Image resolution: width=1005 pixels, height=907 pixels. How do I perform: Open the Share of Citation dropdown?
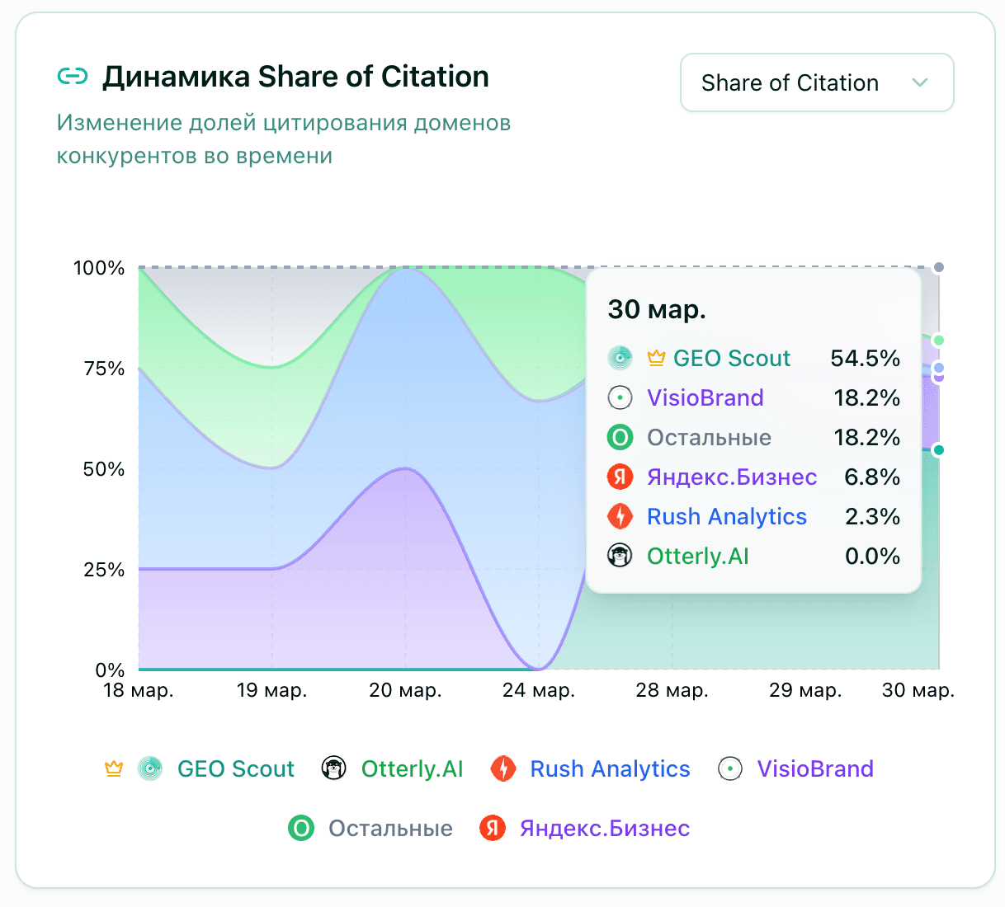(816, 82)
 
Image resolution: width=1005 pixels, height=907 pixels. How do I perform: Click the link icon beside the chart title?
(73, 77)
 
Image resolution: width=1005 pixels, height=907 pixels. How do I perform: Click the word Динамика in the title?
(176, 77)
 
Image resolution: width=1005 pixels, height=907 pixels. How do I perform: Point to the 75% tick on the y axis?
(104, 369)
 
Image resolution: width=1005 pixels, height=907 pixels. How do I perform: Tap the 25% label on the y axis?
(104, 570)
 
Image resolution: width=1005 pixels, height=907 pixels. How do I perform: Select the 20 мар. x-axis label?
(405, 690)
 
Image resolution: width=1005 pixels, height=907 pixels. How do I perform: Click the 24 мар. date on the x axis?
(538, 690)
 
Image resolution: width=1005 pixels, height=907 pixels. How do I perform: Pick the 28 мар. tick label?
(672, 690)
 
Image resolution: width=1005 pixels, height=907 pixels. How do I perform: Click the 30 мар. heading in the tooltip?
(657, 309)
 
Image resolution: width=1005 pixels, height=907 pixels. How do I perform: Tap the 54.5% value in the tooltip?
(865, 358)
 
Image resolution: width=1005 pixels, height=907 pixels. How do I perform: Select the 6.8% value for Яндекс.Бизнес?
(871, 477)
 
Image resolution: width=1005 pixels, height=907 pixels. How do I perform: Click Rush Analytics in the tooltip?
(726, 516)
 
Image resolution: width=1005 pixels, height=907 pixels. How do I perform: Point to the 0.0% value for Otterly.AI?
(871, 556)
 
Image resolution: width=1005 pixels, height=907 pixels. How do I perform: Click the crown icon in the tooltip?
(656, 358)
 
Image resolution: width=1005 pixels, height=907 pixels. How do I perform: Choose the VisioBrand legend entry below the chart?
(814, 768)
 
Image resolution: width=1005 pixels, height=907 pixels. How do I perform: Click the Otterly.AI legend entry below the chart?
(412, 768)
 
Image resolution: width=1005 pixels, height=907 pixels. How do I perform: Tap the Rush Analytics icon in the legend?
(503, 768)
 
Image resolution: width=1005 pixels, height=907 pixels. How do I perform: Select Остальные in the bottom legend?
(390, 828)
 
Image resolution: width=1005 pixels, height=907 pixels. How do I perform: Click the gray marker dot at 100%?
(938, 267)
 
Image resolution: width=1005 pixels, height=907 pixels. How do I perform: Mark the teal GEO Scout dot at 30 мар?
(938, 450)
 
